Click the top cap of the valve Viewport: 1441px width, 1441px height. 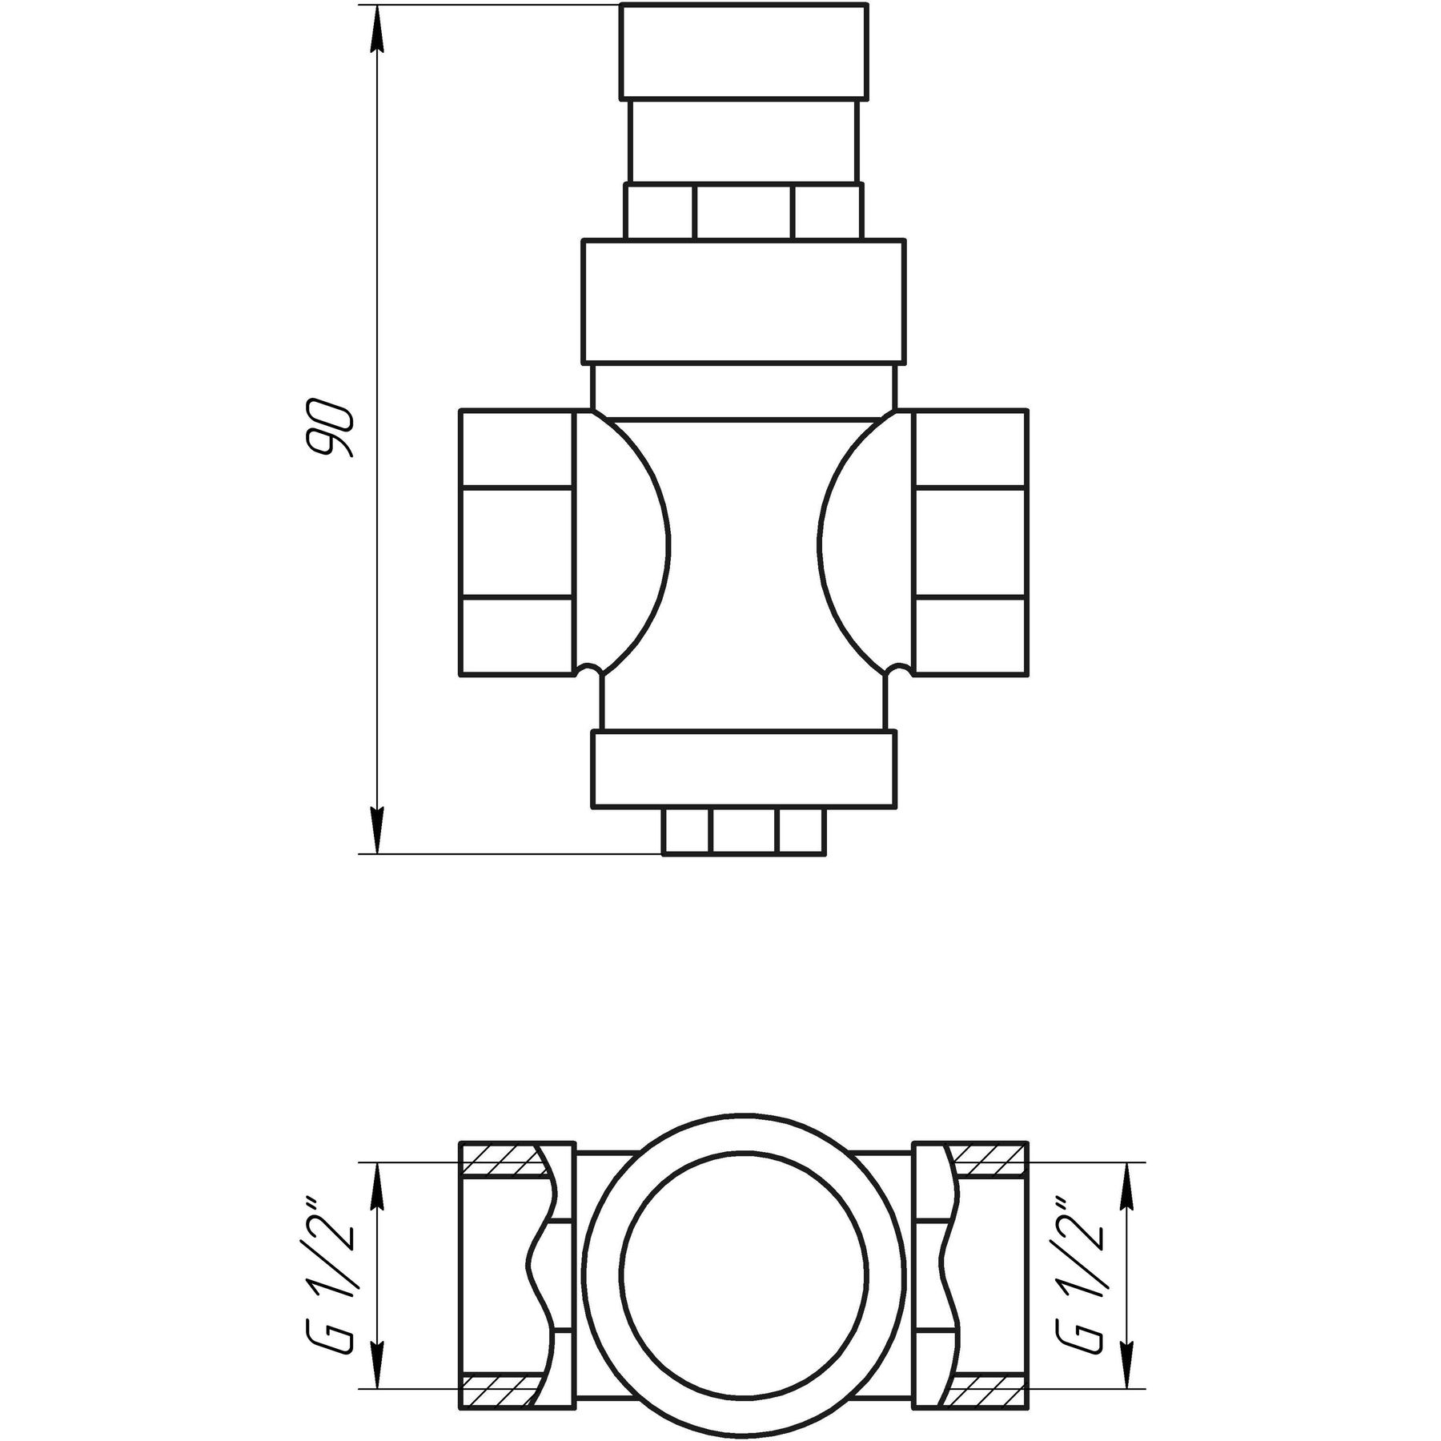[742, 51]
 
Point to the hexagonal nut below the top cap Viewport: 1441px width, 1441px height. [742, 212]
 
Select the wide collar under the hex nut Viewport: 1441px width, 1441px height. [742, 301]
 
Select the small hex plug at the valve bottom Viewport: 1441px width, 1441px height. [742, 833]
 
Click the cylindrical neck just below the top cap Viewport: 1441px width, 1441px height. [742, 141]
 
